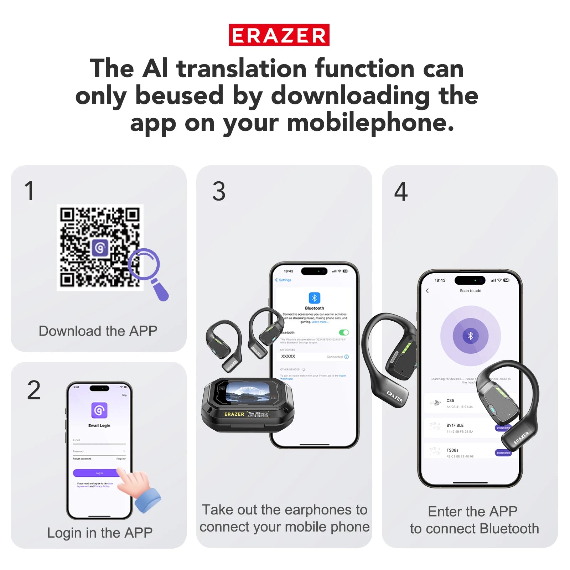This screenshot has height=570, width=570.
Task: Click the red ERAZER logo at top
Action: click(279, 35)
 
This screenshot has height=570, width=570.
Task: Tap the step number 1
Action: click(29, 191)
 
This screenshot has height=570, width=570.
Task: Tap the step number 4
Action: click(401, 192)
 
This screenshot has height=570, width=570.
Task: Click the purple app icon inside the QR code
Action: click(100, 248)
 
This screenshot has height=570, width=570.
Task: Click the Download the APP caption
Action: click(98, 331)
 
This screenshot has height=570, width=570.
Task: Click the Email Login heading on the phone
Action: click(99, 425)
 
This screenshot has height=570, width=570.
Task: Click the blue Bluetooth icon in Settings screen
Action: click(314, 298)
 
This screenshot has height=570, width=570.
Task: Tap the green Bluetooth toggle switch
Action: click(344, 332)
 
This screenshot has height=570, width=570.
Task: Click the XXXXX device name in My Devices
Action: click(288, 356)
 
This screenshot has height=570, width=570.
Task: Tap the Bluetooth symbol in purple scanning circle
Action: click(470, 336)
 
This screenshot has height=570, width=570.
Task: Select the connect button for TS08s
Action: click(503, 453)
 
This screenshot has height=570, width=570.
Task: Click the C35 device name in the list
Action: click(450, 400)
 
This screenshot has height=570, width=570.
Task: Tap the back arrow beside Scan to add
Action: click(427, 291)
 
